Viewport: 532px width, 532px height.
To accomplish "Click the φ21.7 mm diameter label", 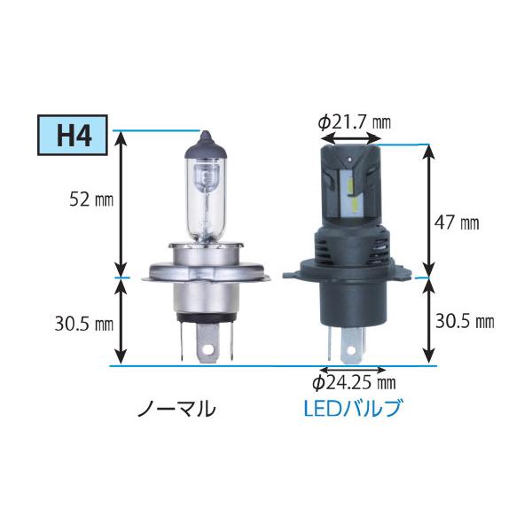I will coord(354,121).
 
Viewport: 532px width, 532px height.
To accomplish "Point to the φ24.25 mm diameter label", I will coord(353,384).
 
